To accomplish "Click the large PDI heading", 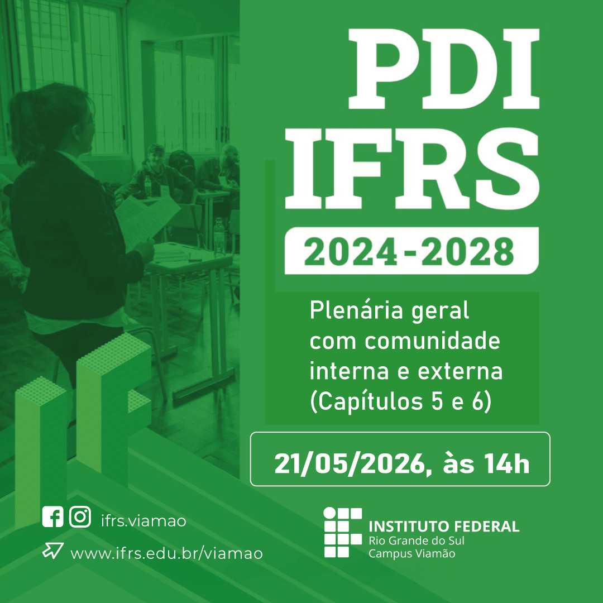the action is pos(444,69).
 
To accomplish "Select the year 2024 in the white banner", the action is pos(351,251).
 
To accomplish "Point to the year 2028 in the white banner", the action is pos(468,251).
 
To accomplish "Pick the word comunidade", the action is pos(432,341).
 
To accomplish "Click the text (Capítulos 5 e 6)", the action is pos(401,402).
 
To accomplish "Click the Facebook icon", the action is pos(52,516).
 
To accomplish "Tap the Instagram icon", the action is pos(80,516).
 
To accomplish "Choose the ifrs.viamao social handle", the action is pos(143,521).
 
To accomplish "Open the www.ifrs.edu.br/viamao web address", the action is pos(166,554).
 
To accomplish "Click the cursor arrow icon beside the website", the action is pos(52,551).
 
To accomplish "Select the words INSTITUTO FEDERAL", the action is pos(444,526).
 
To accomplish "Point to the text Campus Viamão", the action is pos(412,554).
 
